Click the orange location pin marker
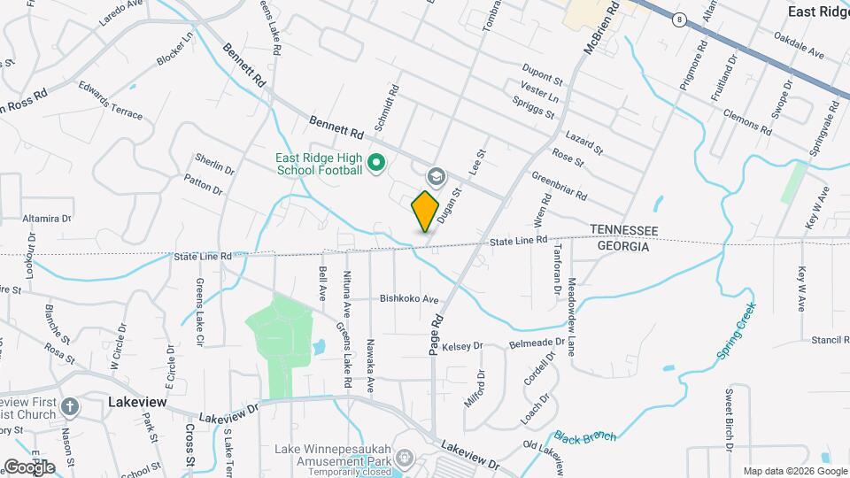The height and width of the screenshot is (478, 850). (x=426, y=211)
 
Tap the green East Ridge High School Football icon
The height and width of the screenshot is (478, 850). (x=375, y=162)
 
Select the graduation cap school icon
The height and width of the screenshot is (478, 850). (x=435, y=176)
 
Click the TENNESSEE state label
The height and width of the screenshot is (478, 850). (x=624, y=230)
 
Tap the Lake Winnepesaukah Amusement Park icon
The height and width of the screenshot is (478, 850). (x=406, y=458)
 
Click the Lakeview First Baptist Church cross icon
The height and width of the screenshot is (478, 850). (x=70, y=406)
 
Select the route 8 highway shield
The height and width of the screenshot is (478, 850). (x=678, y=19)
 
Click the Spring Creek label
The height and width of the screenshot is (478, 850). (x=736, y=330)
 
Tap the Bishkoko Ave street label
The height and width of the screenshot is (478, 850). (x=410, y=299)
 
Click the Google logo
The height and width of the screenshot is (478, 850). (x=29, y=466)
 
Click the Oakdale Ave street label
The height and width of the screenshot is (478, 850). (x=799, y=46)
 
